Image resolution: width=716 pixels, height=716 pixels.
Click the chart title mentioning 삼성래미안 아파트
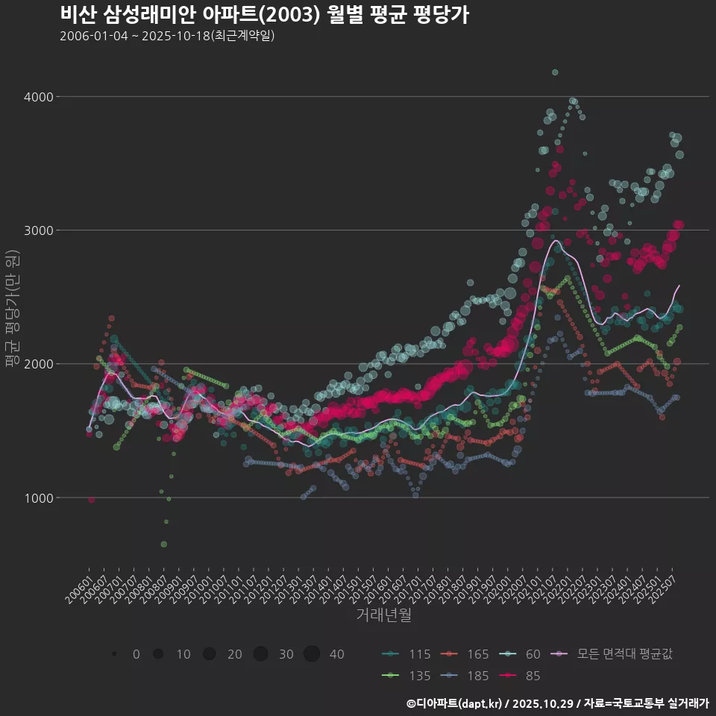point(264,15)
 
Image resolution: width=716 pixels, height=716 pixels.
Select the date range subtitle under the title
point(167,36)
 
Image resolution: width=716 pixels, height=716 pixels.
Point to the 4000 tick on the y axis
point(37,97)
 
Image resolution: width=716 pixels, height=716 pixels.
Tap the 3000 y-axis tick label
point(37,230)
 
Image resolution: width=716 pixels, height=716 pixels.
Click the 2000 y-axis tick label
point(37,364)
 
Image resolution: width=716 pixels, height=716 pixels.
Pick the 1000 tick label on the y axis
point(37,497)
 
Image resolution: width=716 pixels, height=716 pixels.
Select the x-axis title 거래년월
point(383,615)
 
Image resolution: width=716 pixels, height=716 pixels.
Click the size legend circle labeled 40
point(312,654)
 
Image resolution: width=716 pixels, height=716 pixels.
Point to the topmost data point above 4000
point(554,72)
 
